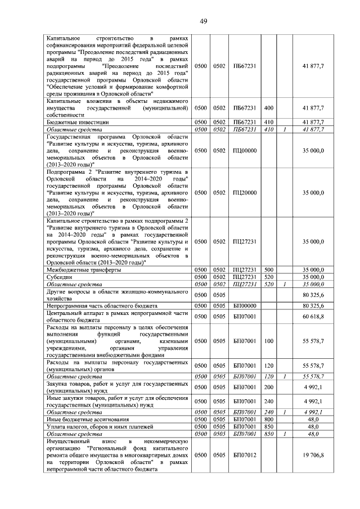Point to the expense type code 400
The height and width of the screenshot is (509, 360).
(268, 107)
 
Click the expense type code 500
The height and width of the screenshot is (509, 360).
(268, 270)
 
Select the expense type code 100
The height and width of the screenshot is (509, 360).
(268, 341)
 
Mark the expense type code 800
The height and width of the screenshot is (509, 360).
(268, 420)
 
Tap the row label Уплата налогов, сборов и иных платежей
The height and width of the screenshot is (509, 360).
(100, 427)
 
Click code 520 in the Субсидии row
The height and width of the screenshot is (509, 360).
(268, 277)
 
